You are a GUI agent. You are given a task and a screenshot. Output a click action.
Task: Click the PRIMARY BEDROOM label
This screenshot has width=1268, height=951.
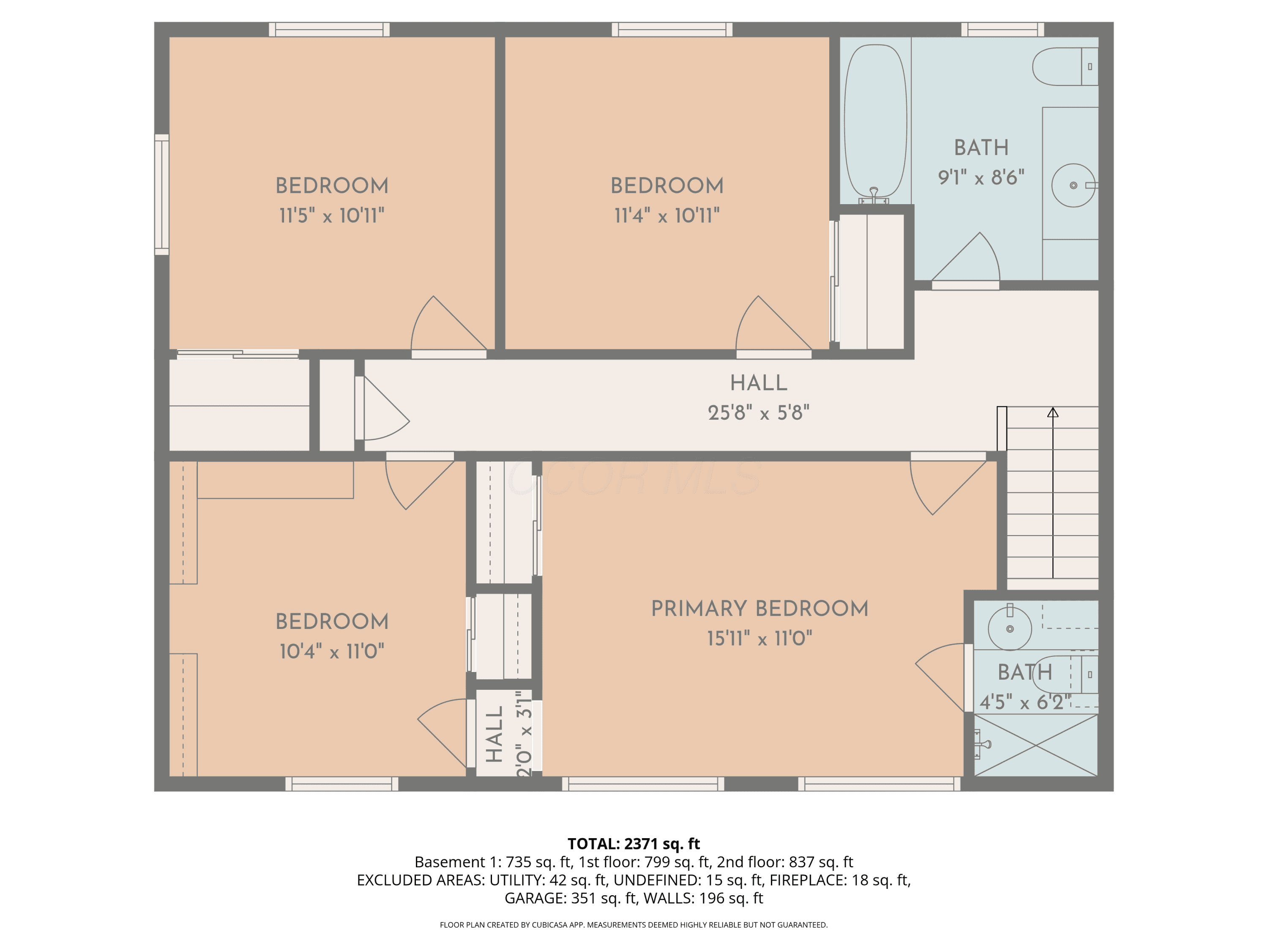click(x=760, y=609)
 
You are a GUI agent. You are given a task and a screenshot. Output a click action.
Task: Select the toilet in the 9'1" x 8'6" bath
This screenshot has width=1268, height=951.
click(x=1065, y=66)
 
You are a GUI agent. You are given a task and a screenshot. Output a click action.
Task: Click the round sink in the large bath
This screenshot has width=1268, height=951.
click(x=1074, y=185)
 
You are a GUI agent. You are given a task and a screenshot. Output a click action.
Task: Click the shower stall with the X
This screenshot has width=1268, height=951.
click(x=1036, y=745)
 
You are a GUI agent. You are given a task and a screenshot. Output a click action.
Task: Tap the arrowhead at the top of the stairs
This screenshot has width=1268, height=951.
click(x=1053, y=412)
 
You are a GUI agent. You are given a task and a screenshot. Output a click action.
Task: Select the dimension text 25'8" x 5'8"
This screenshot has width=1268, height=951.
click(x=758, y=413)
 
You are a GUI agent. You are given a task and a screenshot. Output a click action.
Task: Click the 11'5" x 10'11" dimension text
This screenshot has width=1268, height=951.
click(x=331, y=216)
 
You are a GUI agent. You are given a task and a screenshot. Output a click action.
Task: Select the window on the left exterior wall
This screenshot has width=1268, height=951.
click(x=161, y=195)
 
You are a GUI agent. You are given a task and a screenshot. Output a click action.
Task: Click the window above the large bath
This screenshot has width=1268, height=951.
click(x=1003, y=29)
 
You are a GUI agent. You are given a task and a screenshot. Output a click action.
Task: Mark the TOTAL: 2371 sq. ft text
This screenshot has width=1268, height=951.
click(x=634, y=844)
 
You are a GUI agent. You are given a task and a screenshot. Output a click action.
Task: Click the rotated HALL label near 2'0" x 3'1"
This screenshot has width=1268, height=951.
click(x=494, y=734)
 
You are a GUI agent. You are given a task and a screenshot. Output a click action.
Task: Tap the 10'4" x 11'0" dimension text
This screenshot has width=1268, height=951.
click(x=331, y=652)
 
